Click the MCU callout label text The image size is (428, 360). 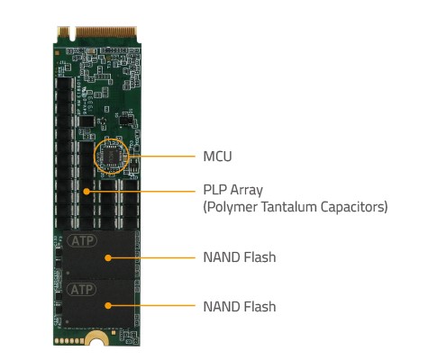217,157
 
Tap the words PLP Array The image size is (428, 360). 233,190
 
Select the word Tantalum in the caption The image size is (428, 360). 288,207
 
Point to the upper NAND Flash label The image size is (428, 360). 240,257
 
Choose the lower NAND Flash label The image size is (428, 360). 240,307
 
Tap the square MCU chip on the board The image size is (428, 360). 111,157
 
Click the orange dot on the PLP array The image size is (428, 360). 87,192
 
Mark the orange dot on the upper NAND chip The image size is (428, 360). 108,257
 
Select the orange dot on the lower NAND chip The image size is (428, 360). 108,306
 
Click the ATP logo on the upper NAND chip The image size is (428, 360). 82,240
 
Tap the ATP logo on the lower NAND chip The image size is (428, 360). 82,290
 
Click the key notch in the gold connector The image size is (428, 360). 72,34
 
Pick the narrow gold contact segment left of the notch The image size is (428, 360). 63,31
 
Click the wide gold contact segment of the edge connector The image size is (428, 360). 106,32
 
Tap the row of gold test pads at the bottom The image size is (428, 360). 69,341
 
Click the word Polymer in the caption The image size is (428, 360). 231,207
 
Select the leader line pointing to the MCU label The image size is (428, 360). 162,157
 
